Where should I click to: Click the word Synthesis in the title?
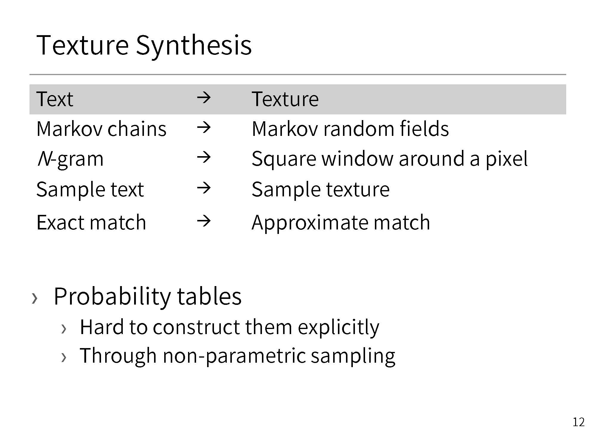pos(194,45)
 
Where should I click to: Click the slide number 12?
pos(578,422)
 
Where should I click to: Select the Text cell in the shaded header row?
pos(55,99)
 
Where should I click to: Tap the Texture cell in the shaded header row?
pos(285,99)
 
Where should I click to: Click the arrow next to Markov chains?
pos(204,128)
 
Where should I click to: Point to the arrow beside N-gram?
pos(204,157)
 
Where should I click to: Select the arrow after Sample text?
pos(204,188)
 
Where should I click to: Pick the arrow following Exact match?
pos(204,221)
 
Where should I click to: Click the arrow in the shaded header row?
pos(204,98)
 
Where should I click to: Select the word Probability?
pos(112,297)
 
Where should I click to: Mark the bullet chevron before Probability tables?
pos(35,298)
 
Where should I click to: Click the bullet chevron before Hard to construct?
pos(63,329)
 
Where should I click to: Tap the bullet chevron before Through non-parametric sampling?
pos(63,357)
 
